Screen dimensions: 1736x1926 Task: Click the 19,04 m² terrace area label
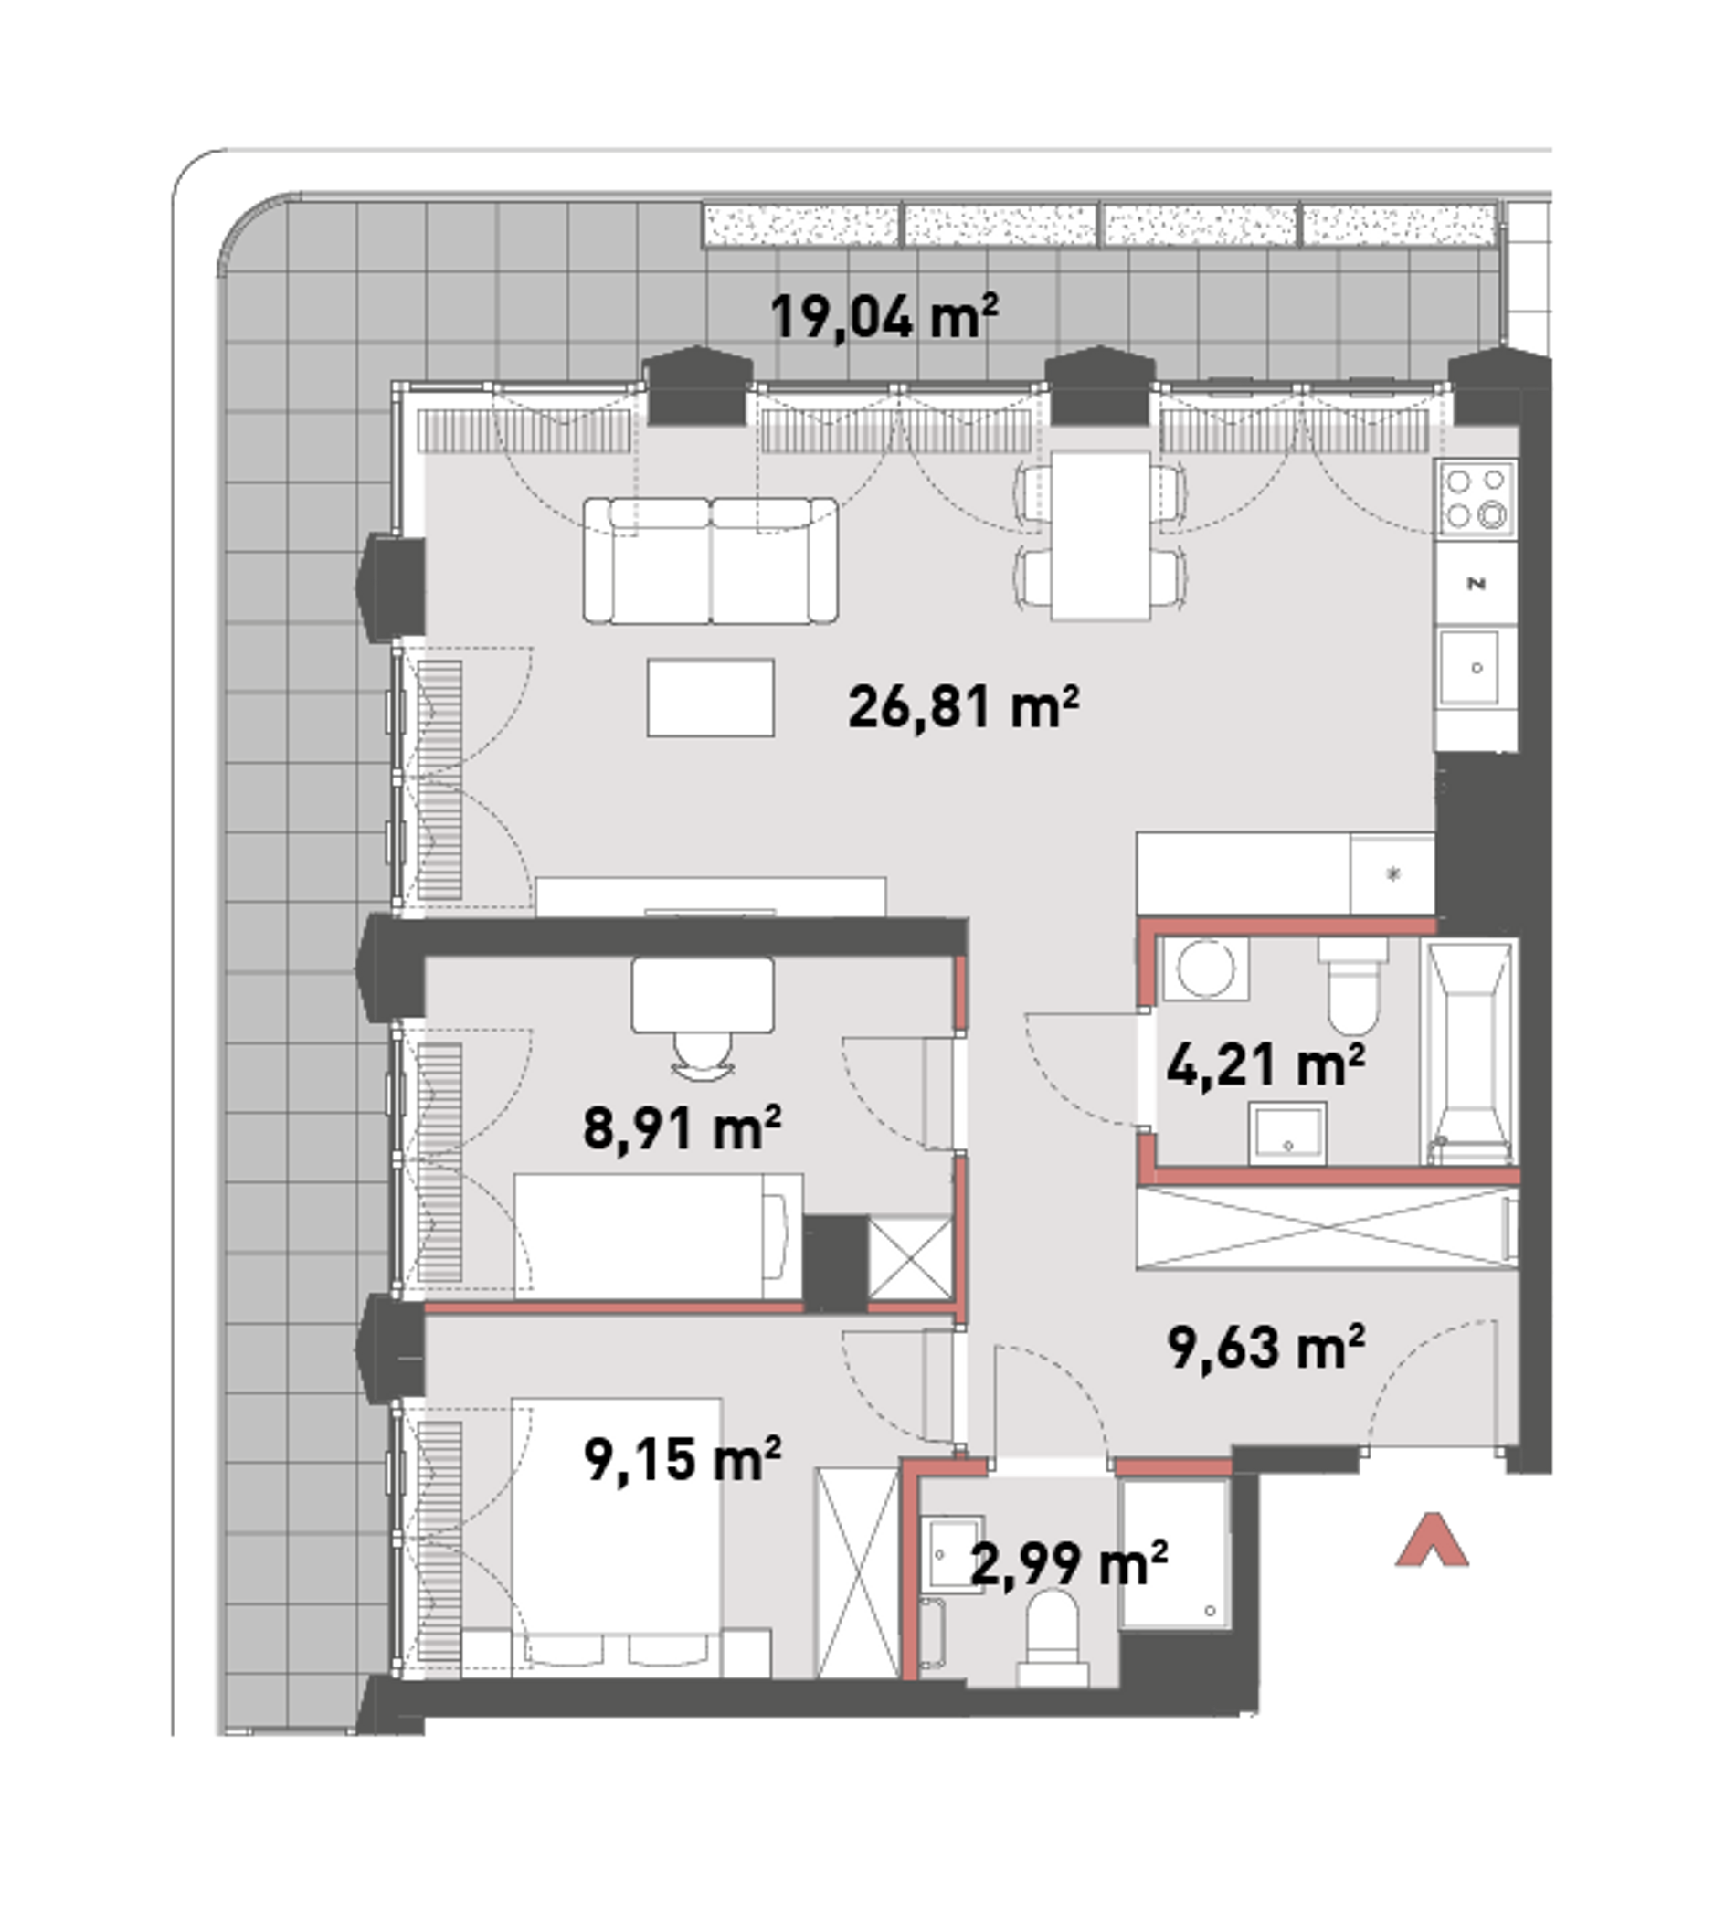click(884, 317)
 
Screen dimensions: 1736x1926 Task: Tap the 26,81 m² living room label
click(963, 707)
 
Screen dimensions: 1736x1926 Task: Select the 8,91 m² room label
click(682, 1127)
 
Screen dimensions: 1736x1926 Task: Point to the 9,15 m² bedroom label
click(682, 1458)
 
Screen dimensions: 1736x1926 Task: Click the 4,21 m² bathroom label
click(1265, 1064)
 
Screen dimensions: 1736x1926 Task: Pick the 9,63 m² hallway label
click(1265, 1346)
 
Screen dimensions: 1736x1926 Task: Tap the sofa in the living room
click(712, 561)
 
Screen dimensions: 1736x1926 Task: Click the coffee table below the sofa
click(711, 697)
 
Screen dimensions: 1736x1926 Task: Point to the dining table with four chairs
click(1101, 535)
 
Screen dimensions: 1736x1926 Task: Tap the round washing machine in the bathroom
click(1206, 968)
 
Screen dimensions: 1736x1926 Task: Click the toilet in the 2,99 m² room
click(1053, 1637)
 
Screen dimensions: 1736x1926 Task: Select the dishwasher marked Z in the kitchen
click(1477, 583)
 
